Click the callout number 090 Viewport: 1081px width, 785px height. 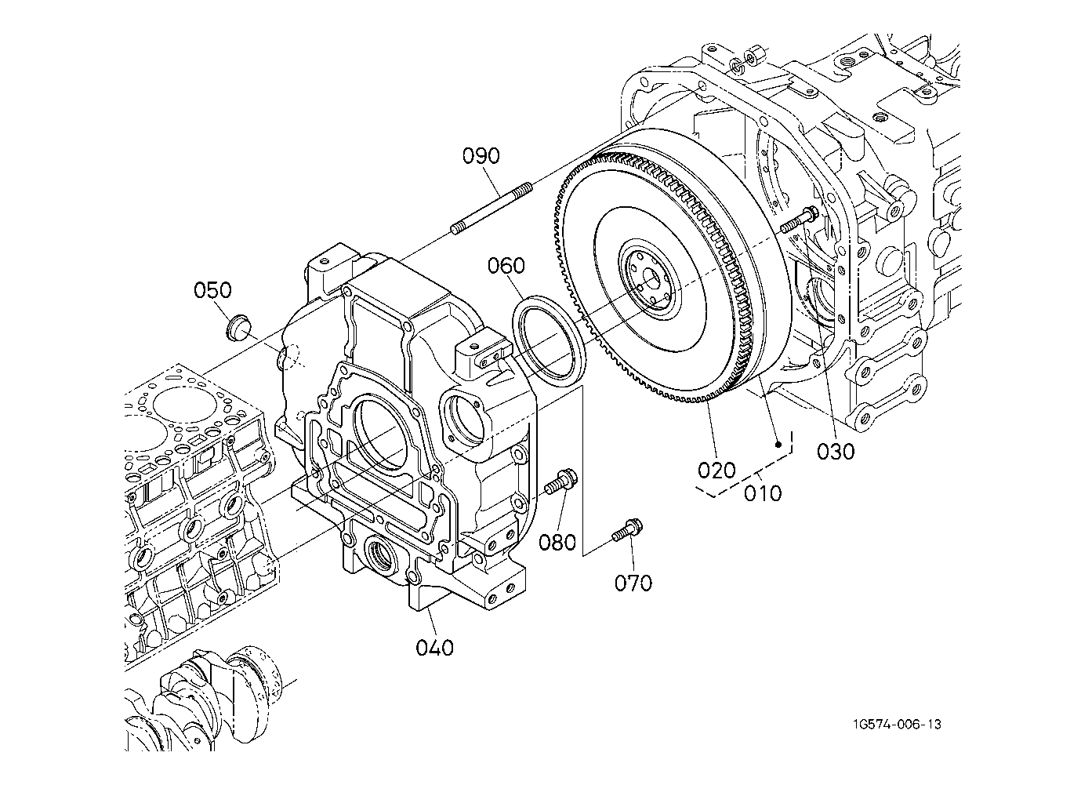pyautogui.click(x=481, y=156)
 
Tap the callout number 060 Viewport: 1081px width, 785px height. pyautogui.click(x=506, y=266)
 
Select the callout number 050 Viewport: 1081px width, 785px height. pyautogui.click(x=212, y=290)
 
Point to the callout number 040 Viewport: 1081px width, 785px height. pyautogui.click(x=435, y=648)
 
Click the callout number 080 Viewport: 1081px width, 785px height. pyautogui.click(x=557, y=543)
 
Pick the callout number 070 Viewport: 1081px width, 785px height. pyautogui.click(x=633, y=583)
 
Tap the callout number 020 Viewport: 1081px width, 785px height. pyautogui.click(x=716, y=470)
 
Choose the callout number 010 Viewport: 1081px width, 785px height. pyautogui.click(x=763, y=493)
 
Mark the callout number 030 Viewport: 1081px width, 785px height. pyautogui.click(x=836, y=452)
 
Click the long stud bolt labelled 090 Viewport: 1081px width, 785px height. pyautogui.click(x=492, y=208)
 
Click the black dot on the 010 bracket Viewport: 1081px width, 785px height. pyautogui.click(x=778, y=445)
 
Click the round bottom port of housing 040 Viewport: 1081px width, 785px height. pyautogui.click(x=383, y=555)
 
